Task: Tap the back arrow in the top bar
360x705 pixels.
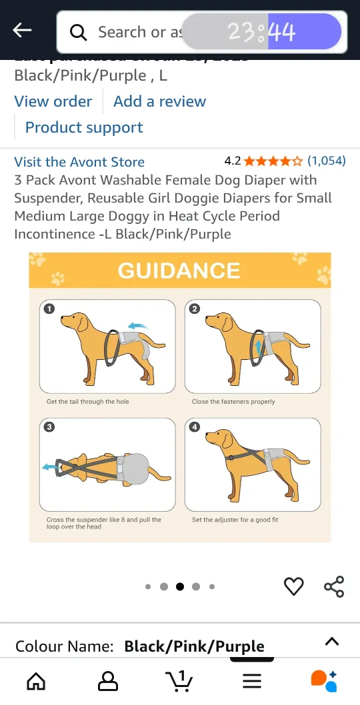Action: (23, 30)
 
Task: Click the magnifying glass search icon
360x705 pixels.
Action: (79, 32)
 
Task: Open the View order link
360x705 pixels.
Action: (53, 101)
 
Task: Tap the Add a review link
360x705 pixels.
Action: (159, 101)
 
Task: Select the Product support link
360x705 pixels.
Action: (84, 127)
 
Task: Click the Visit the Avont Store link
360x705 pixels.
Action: (79, 162)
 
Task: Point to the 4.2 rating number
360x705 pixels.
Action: (233, 161)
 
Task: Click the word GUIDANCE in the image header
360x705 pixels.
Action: (179, 271)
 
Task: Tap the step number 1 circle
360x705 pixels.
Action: (49, 309)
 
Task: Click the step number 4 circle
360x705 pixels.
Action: (195, 426)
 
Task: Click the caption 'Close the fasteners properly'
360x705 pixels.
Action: (233, 402)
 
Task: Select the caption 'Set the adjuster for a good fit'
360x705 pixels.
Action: (235, 520)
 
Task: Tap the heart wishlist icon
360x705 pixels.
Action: (293, 586)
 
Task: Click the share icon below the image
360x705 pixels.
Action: (333, 586)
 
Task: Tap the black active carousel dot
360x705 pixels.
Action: (180, 587)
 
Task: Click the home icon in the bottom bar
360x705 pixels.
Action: (36, 680)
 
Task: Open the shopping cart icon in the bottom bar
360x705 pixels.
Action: (179, 680)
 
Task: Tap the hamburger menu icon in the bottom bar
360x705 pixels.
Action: (251, 680)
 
